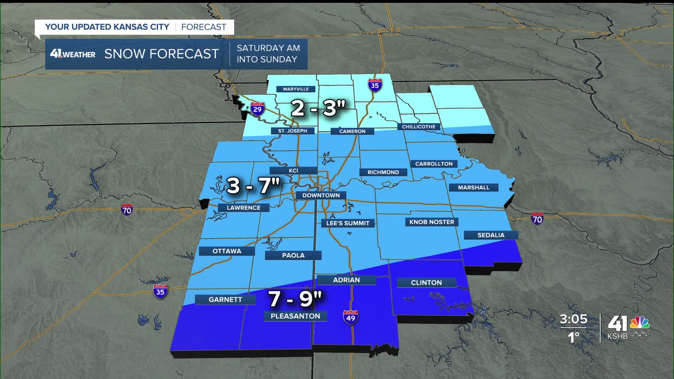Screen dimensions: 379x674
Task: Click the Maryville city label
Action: (296, 89)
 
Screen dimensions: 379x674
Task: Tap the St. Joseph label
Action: (292, 131)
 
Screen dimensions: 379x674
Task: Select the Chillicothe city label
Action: (418, 127)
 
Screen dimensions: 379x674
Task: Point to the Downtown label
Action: (321, 195)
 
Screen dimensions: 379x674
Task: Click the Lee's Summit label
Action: (348, 223)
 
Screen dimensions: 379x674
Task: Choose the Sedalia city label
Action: (491, 235)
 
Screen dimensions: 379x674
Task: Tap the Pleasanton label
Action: (295, 316)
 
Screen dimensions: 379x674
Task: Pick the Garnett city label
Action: (225, 300)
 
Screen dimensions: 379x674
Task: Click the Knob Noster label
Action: (432, 222)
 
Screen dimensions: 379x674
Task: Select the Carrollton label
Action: (434, 164)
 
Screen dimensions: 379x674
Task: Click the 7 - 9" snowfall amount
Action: (295, 299)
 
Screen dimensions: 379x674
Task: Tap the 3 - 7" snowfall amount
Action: (253, 185)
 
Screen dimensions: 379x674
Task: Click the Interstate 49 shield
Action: (350, 317)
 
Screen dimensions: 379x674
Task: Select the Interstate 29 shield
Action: (257, 109)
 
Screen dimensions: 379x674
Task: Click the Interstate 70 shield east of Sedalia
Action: (537, 219)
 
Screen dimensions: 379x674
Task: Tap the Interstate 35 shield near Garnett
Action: (160, 291)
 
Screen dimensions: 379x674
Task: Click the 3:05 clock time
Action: (573, 319)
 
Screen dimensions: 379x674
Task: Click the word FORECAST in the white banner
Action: (204, 27)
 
